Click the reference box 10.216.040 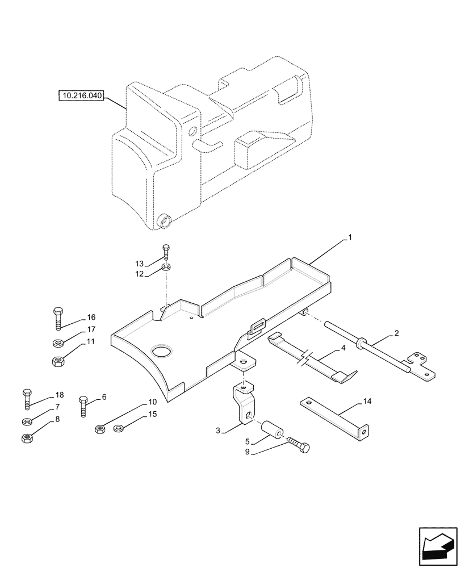tap(80, 96)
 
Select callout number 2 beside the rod tap(396, 333)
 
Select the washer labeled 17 tap(57, 343)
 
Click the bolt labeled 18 tap(26, 399)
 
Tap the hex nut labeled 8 tap(26, 438)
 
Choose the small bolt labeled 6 tap(83, 406)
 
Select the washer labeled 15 tap(119, 428)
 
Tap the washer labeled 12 tap(165, 268)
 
